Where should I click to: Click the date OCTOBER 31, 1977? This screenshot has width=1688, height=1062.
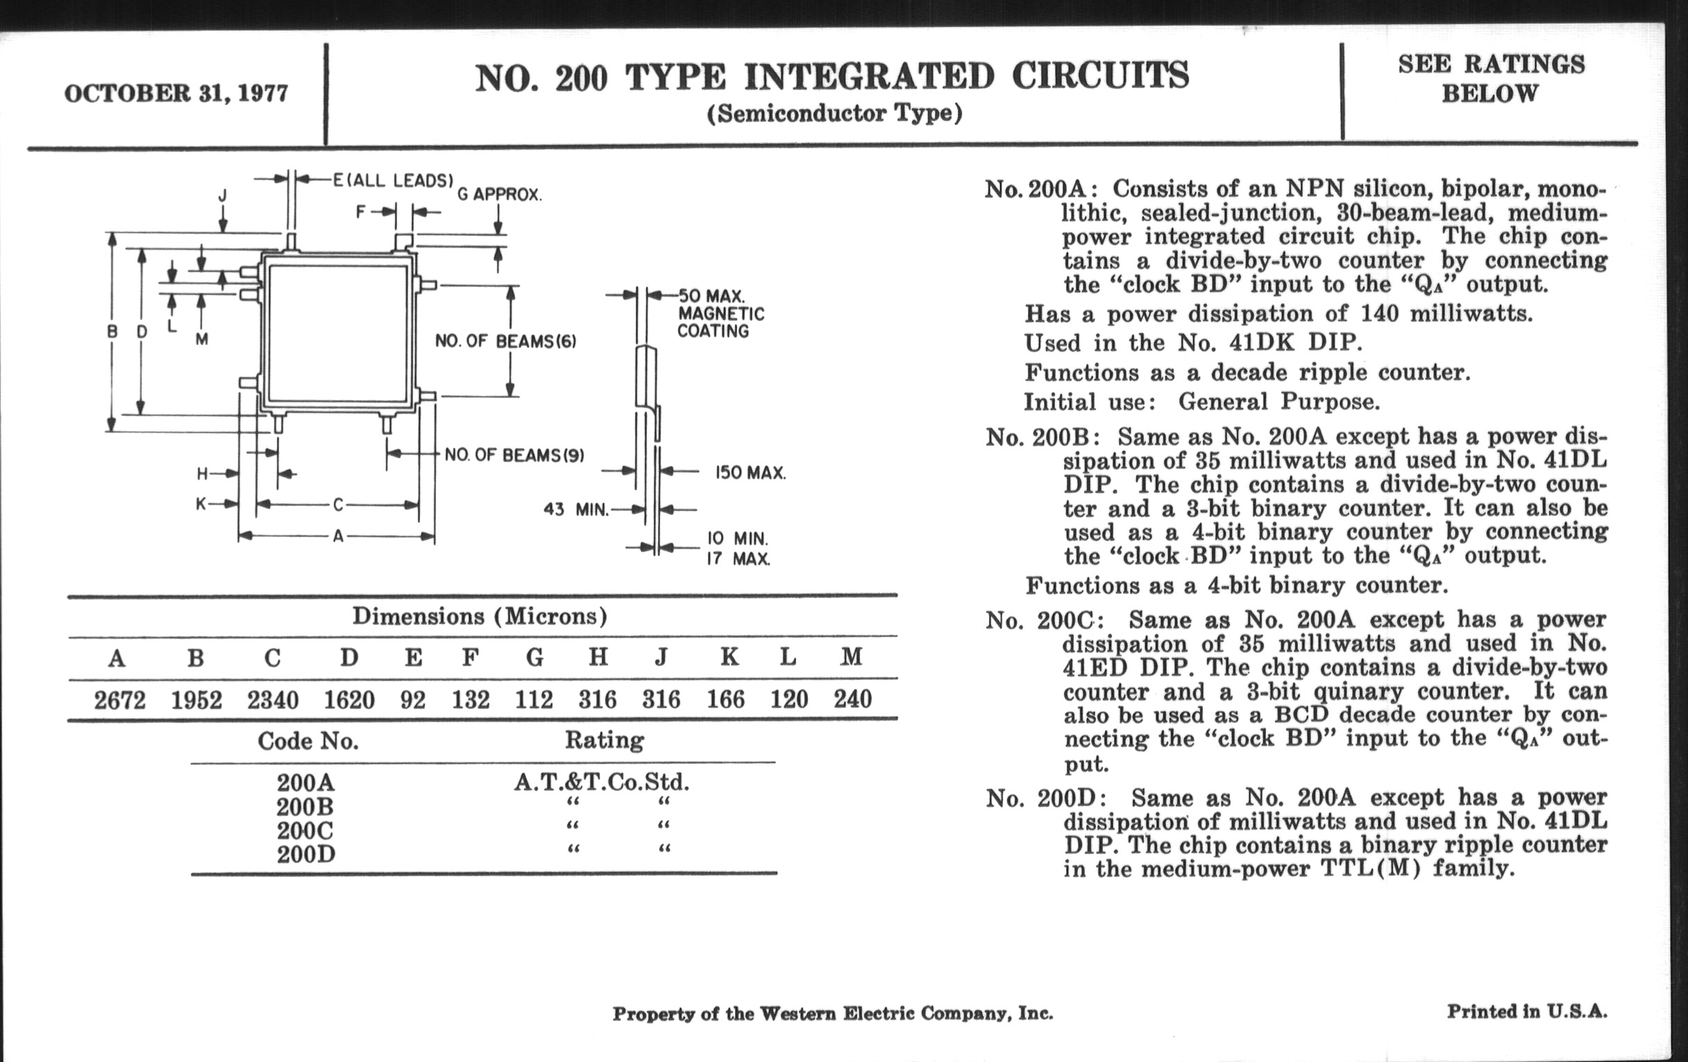(x=176, y=93)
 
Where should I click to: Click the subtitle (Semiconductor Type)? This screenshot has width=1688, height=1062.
(x=834, y=113)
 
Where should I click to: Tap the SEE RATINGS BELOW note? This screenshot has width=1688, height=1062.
(x=1491, y=78)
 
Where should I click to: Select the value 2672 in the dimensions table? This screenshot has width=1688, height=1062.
(x=120, y=700)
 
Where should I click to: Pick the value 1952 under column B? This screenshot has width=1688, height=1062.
(x=196, y=700)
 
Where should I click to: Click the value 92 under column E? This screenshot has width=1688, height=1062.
(x=413, y=700)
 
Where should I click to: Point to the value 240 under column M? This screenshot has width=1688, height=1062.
(x=852, y=699)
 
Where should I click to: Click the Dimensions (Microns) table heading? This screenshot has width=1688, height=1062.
(x=480, y=616)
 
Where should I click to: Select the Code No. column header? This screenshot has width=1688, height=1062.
(x=307, y=741)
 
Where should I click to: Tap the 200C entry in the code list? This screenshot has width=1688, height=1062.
(x=305, y=831)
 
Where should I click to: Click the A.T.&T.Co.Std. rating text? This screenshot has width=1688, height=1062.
(x=602, y=782)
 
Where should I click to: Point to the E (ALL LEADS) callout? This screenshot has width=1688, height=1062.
(x=393, y=180)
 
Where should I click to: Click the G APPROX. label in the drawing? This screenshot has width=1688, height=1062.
(x=499, y=195)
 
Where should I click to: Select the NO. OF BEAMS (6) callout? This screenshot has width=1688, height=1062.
(x=505, y=342)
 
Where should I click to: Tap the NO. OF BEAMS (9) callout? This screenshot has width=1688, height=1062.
(x=514, y=455)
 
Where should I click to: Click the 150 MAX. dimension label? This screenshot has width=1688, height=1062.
(x=750, y=473)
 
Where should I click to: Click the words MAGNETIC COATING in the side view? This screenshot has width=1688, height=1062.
(x=720, y=323)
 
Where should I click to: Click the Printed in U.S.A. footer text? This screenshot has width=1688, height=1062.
(x=1527, y=1011)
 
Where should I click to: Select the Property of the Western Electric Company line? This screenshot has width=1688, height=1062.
(x=833, y=1013)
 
